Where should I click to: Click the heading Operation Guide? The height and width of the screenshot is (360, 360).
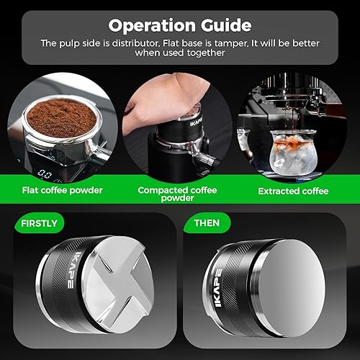click(x=179, y=25)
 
